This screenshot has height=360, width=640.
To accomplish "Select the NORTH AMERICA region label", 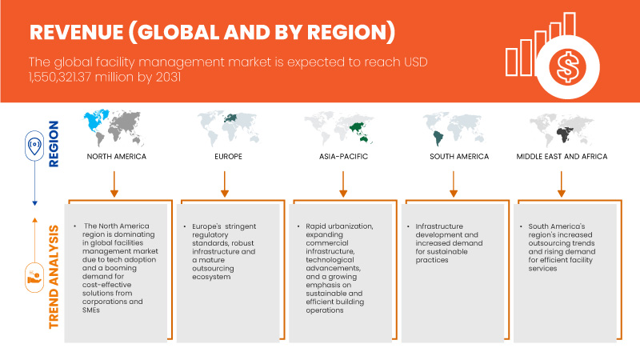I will (x=117, y=156).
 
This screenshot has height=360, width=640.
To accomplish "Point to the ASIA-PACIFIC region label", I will (x=342, y=156).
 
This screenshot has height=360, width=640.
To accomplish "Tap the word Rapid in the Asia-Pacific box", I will (x=317, y=226).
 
